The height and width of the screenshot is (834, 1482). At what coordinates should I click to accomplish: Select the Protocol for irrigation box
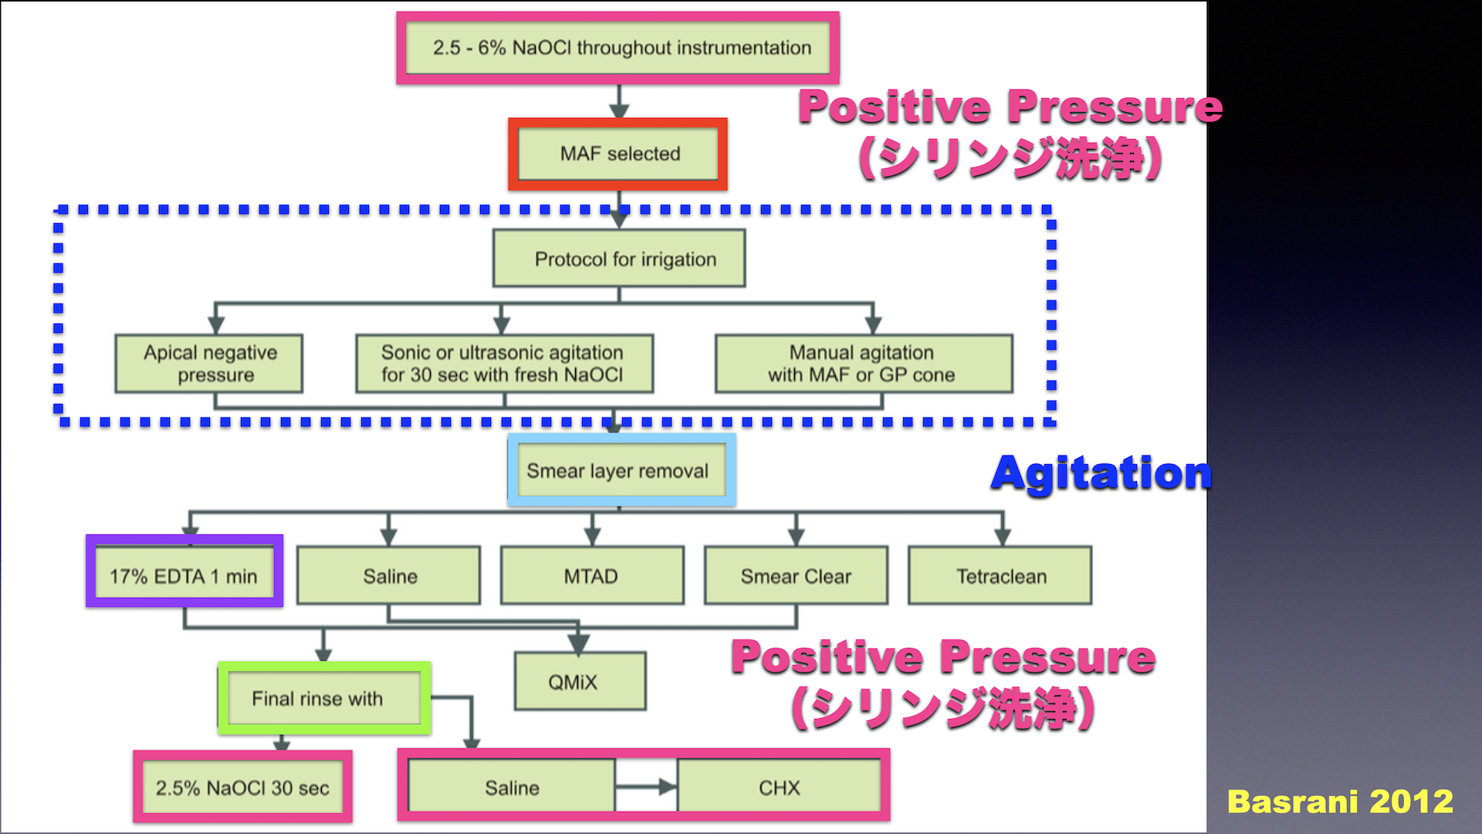(619, 259)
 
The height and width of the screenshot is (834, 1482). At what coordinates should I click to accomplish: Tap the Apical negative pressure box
(208, 364)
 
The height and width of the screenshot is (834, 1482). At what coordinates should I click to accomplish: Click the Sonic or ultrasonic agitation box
(504, 364)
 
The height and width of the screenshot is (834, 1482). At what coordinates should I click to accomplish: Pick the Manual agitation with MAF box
(864, 364)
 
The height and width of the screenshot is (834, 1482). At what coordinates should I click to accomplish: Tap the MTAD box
(592, 575)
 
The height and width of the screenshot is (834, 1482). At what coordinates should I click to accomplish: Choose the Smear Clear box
(796, 575)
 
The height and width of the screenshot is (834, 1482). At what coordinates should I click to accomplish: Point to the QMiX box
(580, 681)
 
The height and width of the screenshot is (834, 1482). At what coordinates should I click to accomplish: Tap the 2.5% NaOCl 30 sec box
(242, 787)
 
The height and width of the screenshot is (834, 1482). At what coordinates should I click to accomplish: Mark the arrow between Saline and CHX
(646, 788)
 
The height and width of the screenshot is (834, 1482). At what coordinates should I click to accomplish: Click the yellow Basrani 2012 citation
(1340, 802)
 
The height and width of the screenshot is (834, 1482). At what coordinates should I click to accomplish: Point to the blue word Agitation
(1101, 473)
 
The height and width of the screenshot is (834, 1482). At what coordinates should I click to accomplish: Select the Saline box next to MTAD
(388, 575)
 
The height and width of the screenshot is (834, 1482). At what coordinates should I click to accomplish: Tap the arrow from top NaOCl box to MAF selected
(619, 101)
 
